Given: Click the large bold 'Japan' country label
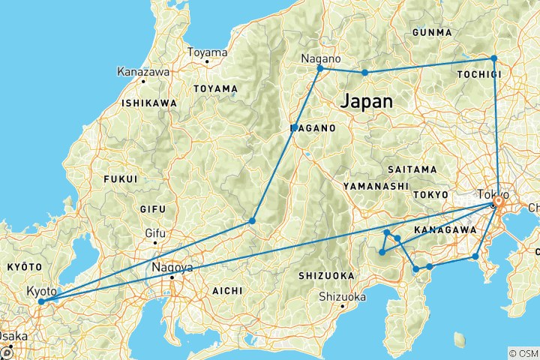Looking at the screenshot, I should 366,102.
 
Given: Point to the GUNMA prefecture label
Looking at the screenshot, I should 432,32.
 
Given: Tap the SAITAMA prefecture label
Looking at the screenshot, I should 412,169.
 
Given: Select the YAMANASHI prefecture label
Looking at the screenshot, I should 375,185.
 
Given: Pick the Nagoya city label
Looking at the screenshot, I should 172,267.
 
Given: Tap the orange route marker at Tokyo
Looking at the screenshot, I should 496,202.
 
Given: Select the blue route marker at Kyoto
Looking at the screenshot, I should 41,301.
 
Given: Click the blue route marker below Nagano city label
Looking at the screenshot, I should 320,69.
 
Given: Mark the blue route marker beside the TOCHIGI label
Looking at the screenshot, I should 493,58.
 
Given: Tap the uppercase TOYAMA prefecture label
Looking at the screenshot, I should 215,88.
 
